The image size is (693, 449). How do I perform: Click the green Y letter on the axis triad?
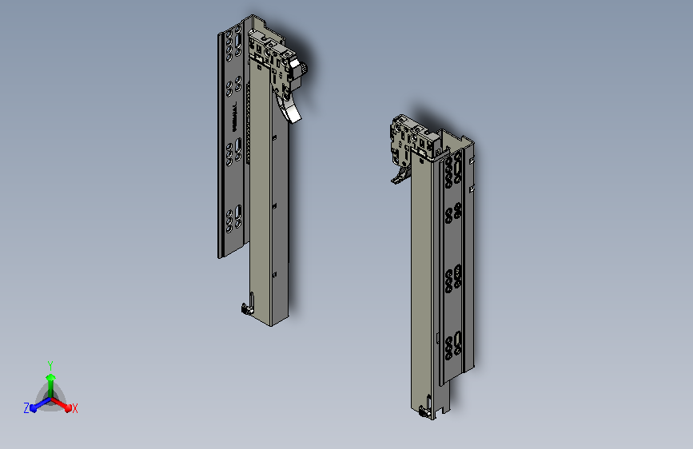click(50, 364)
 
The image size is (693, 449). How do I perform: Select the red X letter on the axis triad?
click(75, 408)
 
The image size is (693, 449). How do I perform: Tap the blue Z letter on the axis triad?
click(26, 407)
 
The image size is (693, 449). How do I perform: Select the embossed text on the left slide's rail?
click(234, 116)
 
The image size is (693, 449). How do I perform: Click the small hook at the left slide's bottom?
click(245, 308)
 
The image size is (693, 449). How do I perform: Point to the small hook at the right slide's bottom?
click(424, 412)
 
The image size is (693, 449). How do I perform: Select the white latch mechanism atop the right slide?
click(412, 139)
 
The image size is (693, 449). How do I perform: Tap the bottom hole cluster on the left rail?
click(235, 218)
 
